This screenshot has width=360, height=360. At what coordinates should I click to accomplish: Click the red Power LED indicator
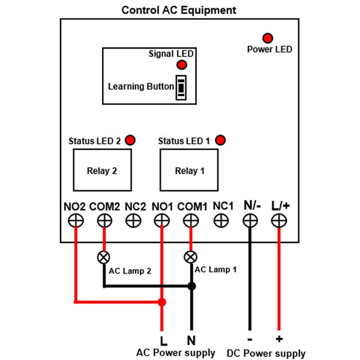(268, 38)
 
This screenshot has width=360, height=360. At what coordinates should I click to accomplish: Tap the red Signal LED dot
(181, 65)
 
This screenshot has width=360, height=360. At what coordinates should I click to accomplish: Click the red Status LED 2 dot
(130, 140)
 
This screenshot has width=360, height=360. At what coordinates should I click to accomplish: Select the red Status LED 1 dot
(220, 140)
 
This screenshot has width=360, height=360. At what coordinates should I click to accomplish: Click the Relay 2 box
(101, 170)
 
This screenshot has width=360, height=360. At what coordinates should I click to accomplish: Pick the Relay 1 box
(190, 170)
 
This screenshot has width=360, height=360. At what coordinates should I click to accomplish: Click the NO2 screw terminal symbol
(76, 221)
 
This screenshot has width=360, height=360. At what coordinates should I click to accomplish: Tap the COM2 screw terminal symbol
(104, 221)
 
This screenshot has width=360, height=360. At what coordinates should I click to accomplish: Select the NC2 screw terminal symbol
(133, 221)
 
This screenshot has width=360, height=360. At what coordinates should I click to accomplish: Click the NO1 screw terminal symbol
(161, 221)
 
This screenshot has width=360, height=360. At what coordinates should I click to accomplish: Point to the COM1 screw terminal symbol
(191, 221)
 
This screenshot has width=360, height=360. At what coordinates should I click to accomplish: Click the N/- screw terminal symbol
(250, 221)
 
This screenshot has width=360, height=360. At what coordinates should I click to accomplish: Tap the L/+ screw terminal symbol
(279, 221)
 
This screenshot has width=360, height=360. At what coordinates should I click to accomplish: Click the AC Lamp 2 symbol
(104, 257)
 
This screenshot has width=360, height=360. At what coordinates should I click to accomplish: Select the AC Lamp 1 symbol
(191, 257)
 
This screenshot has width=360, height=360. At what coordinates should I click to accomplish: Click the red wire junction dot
(161, 301)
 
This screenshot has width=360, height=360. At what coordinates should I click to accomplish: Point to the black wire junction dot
(191, 286)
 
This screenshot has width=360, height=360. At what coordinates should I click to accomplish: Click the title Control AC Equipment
(179, 10)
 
